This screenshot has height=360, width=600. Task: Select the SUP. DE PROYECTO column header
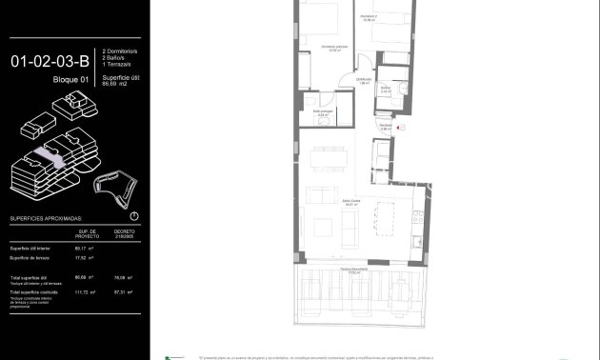coord(88,233)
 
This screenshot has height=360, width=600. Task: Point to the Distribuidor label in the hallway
coord(364,81)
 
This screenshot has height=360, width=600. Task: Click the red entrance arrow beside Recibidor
coord(402,127)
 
